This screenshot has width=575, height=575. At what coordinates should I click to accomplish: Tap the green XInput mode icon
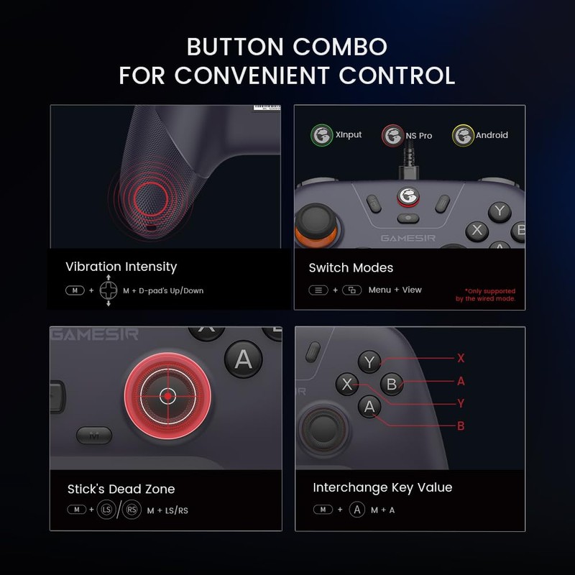coord(321,134)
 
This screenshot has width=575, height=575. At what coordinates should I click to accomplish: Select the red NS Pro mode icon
coord(392,134)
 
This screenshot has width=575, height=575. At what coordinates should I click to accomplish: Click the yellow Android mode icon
coord(462,134)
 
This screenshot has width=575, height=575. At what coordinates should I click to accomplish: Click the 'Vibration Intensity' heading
coord(121,267)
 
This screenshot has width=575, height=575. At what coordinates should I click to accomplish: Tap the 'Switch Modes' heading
coord(351,267)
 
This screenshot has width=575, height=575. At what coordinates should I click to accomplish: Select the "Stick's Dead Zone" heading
coord(121,489)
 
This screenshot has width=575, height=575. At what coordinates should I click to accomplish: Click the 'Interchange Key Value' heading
coord(382,487)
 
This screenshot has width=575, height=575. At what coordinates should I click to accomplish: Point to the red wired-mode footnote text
coord(485,295)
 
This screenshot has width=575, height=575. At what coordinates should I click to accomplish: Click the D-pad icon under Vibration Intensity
coord(109,290)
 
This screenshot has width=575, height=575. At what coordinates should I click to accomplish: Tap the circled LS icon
coord(106,510)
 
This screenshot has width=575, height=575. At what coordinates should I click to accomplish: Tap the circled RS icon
coord(131,510)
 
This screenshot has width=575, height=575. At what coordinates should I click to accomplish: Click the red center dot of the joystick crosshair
coord(167,396)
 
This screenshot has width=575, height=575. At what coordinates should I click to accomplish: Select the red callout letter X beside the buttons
coord(461,357)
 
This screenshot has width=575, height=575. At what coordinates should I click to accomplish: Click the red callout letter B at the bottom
coord(461,425)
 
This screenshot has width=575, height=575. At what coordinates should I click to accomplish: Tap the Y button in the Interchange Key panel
coord(369,362)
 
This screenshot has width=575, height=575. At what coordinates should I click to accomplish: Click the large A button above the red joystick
coord(244,357)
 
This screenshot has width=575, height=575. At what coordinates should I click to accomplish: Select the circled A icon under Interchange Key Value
coord(357,510)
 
